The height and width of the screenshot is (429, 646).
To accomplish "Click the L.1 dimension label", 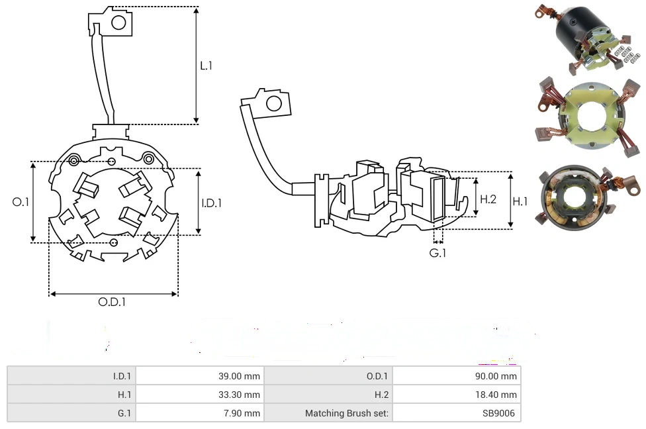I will (x=206, y=66).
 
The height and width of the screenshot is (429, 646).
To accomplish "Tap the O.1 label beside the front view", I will (x=21, y=202).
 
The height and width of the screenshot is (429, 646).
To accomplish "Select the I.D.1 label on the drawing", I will (x=211, y=203).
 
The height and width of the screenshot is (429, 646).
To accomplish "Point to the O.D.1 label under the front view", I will (x=112, y=302).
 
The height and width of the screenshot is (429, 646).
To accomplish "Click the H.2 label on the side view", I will (x=488, y=199).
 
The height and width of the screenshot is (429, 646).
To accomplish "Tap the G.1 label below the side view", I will (x=438, y=254).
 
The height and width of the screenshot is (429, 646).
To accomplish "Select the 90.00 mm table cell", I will (x=498, y=376).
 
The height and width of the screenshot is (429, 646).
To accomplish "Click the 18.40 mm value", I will (x=498, y=395).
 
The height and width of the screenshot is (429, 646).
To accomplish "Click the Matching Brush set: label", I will (x=346, y=413).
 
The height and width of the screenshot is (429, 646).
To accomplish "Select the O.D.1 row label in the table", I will (x=377, y=376).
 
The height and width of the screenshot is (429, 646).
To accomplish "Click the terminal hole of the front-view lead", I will (x=118, y=23).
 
